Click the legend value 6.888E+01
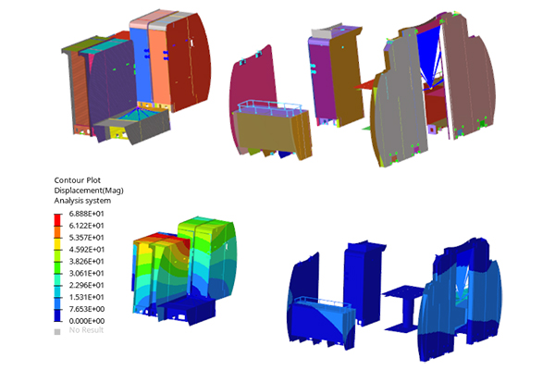coord(86,214)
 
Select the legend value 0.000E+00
coord(86,321)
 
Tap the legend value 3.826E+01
coord(86,261)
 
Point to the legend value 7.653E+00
coord(86,309)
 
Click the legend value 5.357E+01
coord(86,237)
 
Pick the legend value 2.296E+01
coord(86,285)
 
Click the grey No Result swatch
coord(57,332)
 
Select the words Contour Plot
coord(77,180)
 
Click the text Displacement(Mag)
coord(89,191)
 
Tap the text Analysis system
coord(82,201)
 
